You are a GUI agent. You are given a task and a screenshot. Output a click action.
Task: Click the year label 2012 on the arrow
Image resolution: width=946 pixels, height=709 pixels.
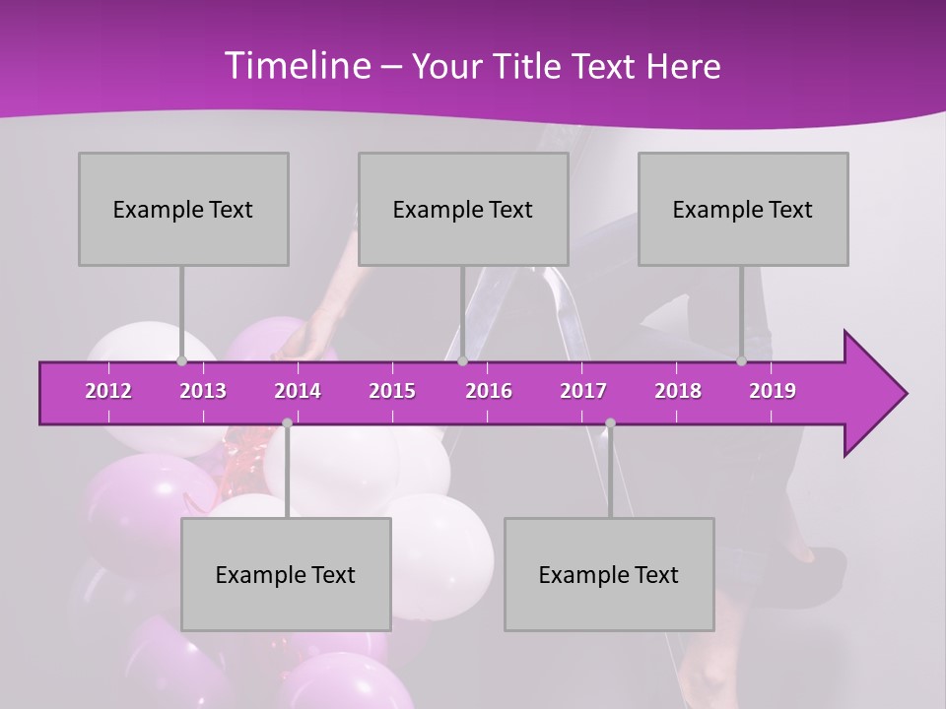(x=108, y=391)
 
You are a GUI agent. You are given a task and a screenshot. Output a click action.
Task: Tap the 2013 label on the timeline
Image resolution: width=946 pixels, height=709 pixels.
(x=203, y=391)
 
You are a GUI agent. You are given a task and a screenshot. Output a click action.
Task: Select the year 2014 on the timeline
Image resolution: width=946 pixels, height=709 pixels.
(x=298, y=391)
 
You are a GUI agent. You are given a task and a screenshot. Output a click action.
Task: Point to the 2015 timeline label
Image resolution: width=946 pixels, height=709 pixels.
(x=392, y=391)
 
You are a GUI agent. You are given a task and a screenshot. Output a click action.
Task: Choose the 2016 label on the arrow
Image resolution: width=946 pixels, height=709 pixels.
(x=489, y=391)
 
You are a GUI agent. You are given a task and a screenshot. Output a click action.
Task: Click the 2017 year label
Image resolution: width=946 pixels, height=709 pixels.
(x=583, y=391)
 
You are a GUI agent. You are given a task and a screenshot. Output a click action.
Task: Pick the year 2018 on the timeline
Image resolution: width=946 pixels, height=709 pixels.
(x=678, y=391)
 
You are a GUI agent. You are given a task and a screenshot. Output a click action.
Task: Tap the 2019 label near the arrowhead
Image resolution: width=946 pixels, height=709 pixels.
(x=773, y=391)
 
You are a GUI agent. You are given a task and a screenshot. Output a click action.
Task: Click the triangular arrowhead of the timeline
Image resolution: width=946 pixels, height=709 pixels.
(x=873, y=394)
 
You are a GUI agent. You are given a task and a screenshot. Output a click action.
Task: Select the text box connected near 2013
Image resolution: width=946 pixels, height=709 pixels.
(x=183, y=209)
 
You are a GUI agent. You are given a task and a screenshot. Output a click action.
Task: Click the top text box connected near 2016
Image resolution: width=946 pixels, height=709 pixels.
(x=463, y=209)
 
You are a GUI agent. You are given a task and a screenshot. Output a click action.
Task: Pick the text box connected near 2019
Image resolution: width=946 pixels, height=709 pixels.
(x=743, y=209)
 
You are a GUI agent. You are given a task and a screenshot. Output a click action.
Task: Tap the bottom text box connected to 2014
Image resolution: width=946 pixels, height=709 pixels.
(x=286, y=574)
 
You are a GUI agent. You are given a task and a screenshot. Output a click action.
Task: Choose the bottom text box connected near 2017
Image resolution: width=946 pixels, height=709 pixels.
(x=609, y=574)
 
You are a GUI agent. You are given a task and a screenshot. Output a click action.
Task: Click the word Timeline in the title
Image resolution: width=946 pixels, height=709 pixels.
(x=296, y=66)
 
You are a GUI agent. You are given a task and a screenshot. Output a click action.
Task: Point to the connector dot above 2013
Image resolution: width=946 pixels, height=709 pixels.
(x=181, y=361)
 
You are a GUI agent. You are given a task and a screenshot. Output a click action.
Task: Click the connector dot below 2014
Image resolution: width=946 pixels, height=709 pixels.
(x=287, y=423)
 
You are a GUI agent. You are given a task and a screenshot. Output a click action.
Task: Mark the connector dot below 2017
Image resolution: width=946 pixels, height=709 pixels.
(x=610, y=423)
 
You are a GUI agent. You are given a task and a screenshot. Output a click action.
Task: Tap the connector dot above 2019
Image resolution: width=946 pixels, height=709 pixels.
(x=742, y=361)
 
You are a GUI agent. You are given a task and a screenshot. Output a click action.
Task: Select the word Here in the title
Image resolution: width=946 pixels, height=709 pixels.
(x=683, y=67)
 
